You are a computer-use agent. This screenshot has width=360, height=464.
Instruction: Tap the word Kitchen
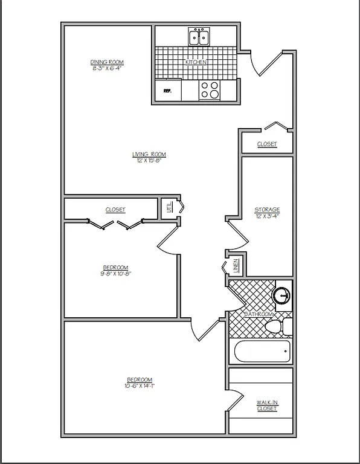196,62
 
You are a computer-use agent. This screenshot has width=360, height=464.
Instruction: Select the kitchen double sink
199,37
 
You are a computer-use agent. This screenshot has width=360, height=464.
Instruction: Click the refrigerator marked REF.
167,91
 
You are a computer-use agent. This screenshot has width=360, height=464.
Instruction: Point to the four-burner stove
210,90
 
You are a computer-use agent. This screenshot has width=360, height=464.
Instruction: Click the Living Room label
149,155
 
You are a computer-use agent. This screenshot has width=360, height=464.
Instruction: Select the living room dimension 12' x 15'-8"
149,161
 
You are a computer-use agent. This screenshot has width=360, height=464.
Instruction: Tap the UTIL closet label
169,208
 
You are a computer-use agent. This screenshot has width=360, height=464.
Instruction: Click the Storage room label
267,210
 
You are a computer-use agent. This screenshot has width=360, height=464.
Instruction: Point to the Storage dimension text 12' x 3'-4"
267,216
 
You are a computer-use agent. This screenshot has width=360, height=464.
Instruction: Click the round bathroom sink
281,295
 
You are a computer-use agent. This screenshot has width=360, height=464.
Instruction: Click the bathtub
262,351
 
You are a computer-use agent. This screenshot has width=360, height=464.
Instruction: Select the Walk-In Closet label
266,405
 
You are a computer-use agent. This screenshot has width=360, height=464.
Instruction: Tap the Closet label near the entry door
267,144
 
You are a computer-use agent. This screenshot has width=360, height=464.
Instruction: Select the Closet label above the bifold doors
115,210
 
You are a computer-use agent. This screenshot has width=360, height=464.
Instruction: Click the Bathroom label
259,315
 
